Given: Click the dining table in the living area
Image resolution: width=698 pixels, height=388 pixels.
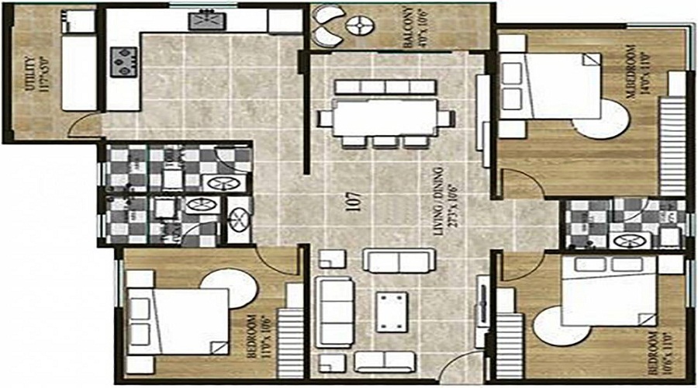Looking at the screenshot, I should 387,118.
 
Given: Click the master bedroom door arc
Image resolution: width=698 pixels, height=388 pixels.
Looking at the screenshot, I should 521,185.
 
